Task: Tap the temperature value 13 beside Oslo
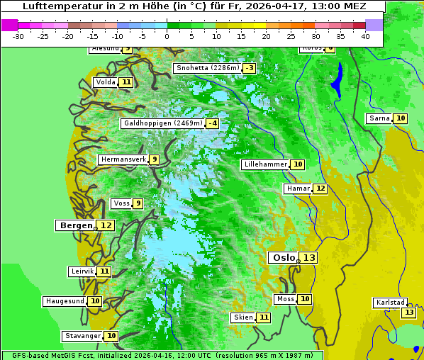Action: click(308, 258)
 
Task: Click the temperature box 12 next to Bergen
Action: click(106, 225)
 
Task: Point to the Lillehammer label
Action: click(264, 164)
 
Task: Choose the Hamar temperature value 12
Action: click(320, 189)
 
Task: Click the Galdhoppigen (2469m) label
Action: click(162, 123)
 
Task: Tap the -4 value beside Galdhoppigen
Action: click(212, 123)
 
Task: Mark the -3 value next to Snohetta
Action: click(249, 68)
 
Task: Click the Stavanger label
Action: click(82, 336)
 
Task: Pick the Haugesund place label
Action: click(65, 301)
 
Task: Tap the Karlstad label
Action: click(391, 303)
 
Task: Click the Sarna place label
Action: click(379, 118)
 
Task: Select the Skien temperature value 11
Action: click(263, 317)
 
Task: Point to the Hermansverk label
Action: click(123, 159)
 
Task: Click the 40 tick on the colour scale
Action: click(365, 36)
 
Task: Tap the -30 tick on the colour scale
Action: click(18, 36)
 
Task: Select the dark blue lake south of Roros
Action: click(337, 79)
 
